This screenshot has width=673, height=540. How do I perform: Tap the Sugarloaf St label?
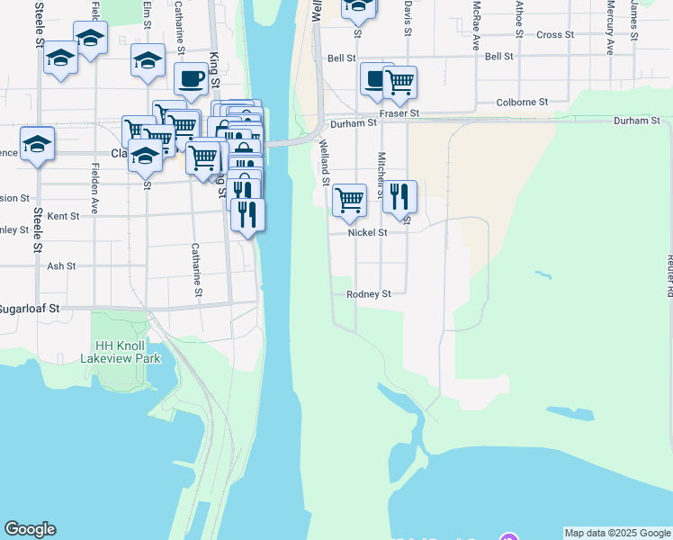[x=30, y=308]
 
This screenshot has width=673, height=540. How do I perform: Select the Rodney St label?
[x=369, y=294]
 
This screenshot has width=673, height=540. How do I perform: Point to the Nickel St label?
[x=368, y=232]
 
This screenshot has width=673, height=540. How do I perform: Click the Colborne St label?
[x=523, y=103]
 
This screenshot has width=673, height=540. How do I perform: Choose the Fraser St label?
[x=399, y=114]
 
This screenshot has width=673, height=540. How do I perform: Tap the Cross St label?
[x=554, y=35]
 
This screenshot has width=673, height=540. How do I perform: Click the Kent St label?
[x=63, y=216]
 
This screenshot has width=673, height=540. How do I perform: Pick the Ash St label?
[x=61, y=266]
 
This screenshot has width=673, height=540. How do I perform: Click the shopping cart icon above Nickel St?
[x=349, y=200]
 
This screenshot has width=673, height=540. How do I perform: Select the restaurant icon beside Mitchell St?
[x=399, y=195]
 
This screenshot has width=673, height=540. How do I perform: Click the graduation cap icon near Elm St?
[x=148, y=59]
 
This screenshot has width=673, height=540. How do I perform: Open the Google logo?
[x=30, y=529]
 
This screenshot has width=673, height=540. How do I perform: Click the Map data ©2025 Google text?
[x=617, y=533]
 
